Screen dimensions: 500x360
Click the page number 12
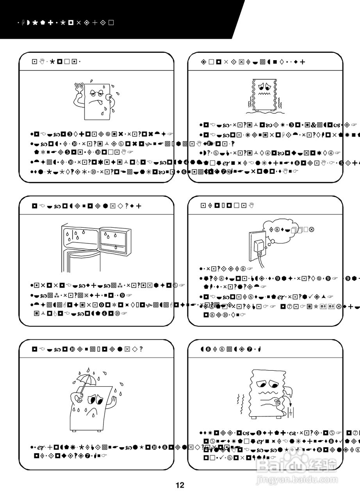(x=180, y=486)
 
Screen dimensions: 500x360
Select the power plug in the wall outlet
(x=258, y=246)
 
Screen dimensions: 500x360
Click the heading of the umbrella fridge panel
(x=87, y=349)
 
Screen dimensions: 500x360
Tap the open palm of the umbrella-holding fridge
(x=114, y=401)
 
